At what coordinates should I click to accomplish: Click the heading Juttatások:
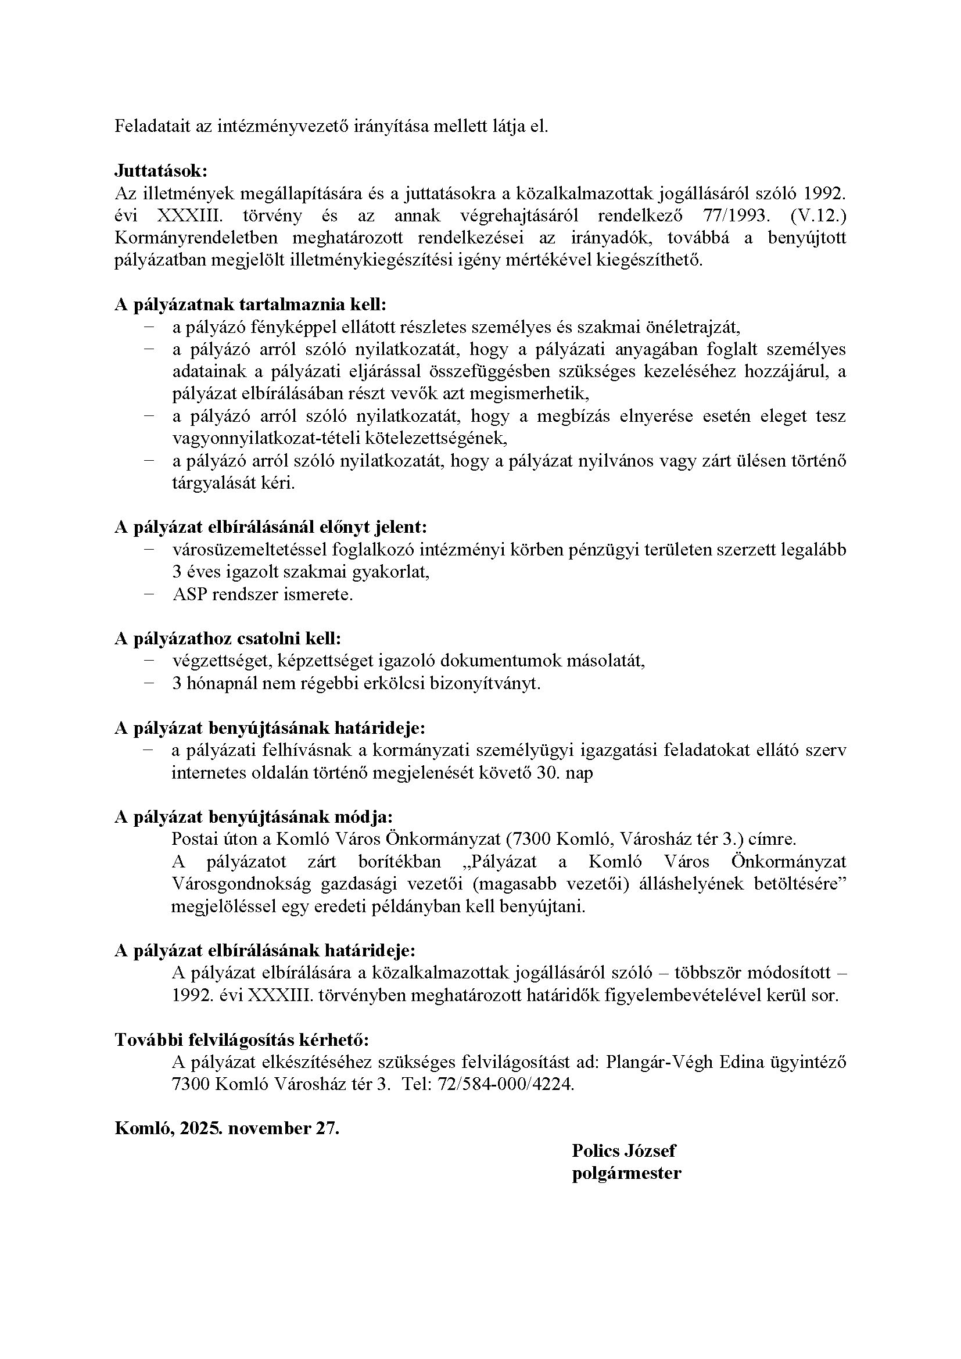[x=161, y=171]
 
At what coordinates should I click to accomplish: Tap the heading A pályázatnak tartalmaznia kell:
[x=250, y=305]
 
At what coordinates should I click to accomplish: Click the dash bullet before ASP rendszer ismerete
[x=148, y=594]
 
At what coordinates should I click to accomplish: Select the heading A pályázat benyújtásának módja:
[x=253, y=817]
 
